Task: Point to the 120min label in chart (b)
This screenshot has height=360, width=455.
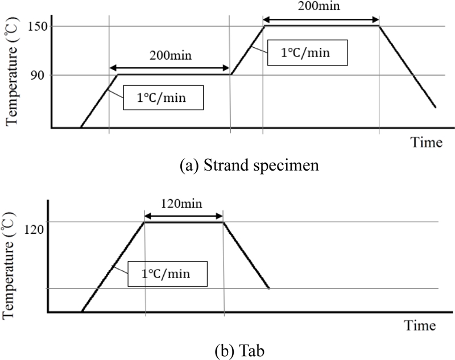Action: pos(184,202)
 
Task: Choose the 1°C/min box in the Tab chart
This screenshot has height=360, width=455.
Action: pos(175,274)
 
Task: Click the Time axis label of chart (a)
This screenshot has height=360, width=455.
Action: pos(427,142)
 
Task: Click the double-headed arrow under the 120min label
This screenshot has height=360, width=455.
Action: pos(184,215)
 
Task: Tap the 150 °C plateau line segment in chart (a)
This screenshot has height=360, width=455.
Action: pos(321,26)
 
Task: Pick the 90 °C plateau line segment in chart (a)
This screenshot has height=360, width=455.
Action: pos(173,74)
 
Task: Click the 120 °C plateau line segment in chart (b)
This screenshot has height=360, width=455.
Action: pos(184,222)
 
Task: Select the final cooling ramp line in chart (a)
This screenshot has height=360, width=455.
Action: pos(407,67)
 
